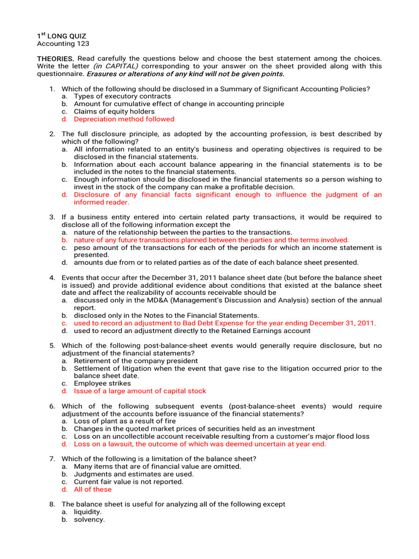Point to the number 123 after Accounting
tap(82, 44)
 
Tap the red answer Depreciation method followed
tap(124, 119)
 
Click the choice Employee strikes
tap(103, 383)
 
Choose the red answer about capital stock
tap(140, 391)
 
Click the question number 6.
tap(52, 406)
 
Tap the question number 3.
tap(52, 217)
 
